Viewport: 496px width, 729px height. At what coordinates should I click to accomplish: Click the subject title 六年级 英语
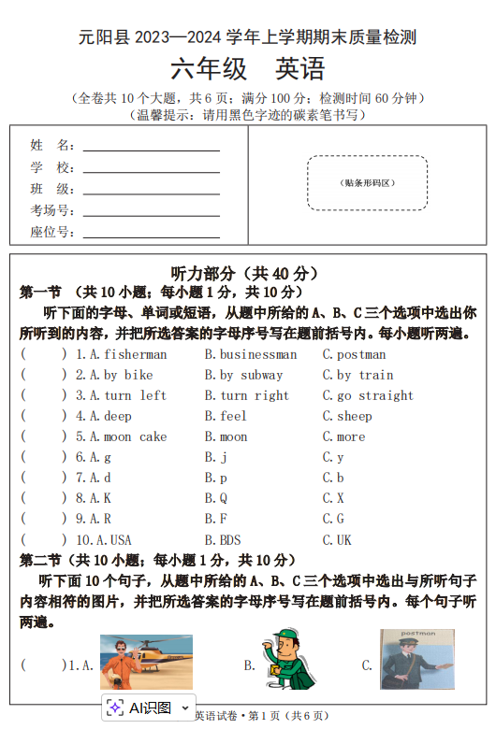point(247,69)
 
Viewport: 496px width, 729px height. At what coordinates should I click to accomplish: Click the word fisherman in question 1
point(136,354)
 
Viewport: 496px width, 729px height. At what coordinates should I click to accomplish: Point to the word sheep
point(355,416)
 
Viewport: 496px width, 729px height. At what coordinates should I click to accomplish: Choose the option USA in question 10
point(121,539)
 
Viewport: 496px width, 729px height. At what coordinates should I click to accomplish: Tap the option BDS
point(229,539)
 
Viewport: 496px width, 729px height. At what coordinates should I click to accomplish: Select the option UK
point(343,539)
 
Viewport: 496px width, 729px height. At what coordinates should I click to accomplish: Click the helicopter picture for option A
point(146,663)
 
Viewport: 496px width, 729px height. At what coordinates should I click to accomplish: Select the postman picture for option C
point(416,660)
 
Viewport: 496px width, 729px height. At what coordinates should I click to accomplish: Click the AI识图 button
point(149,708)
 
